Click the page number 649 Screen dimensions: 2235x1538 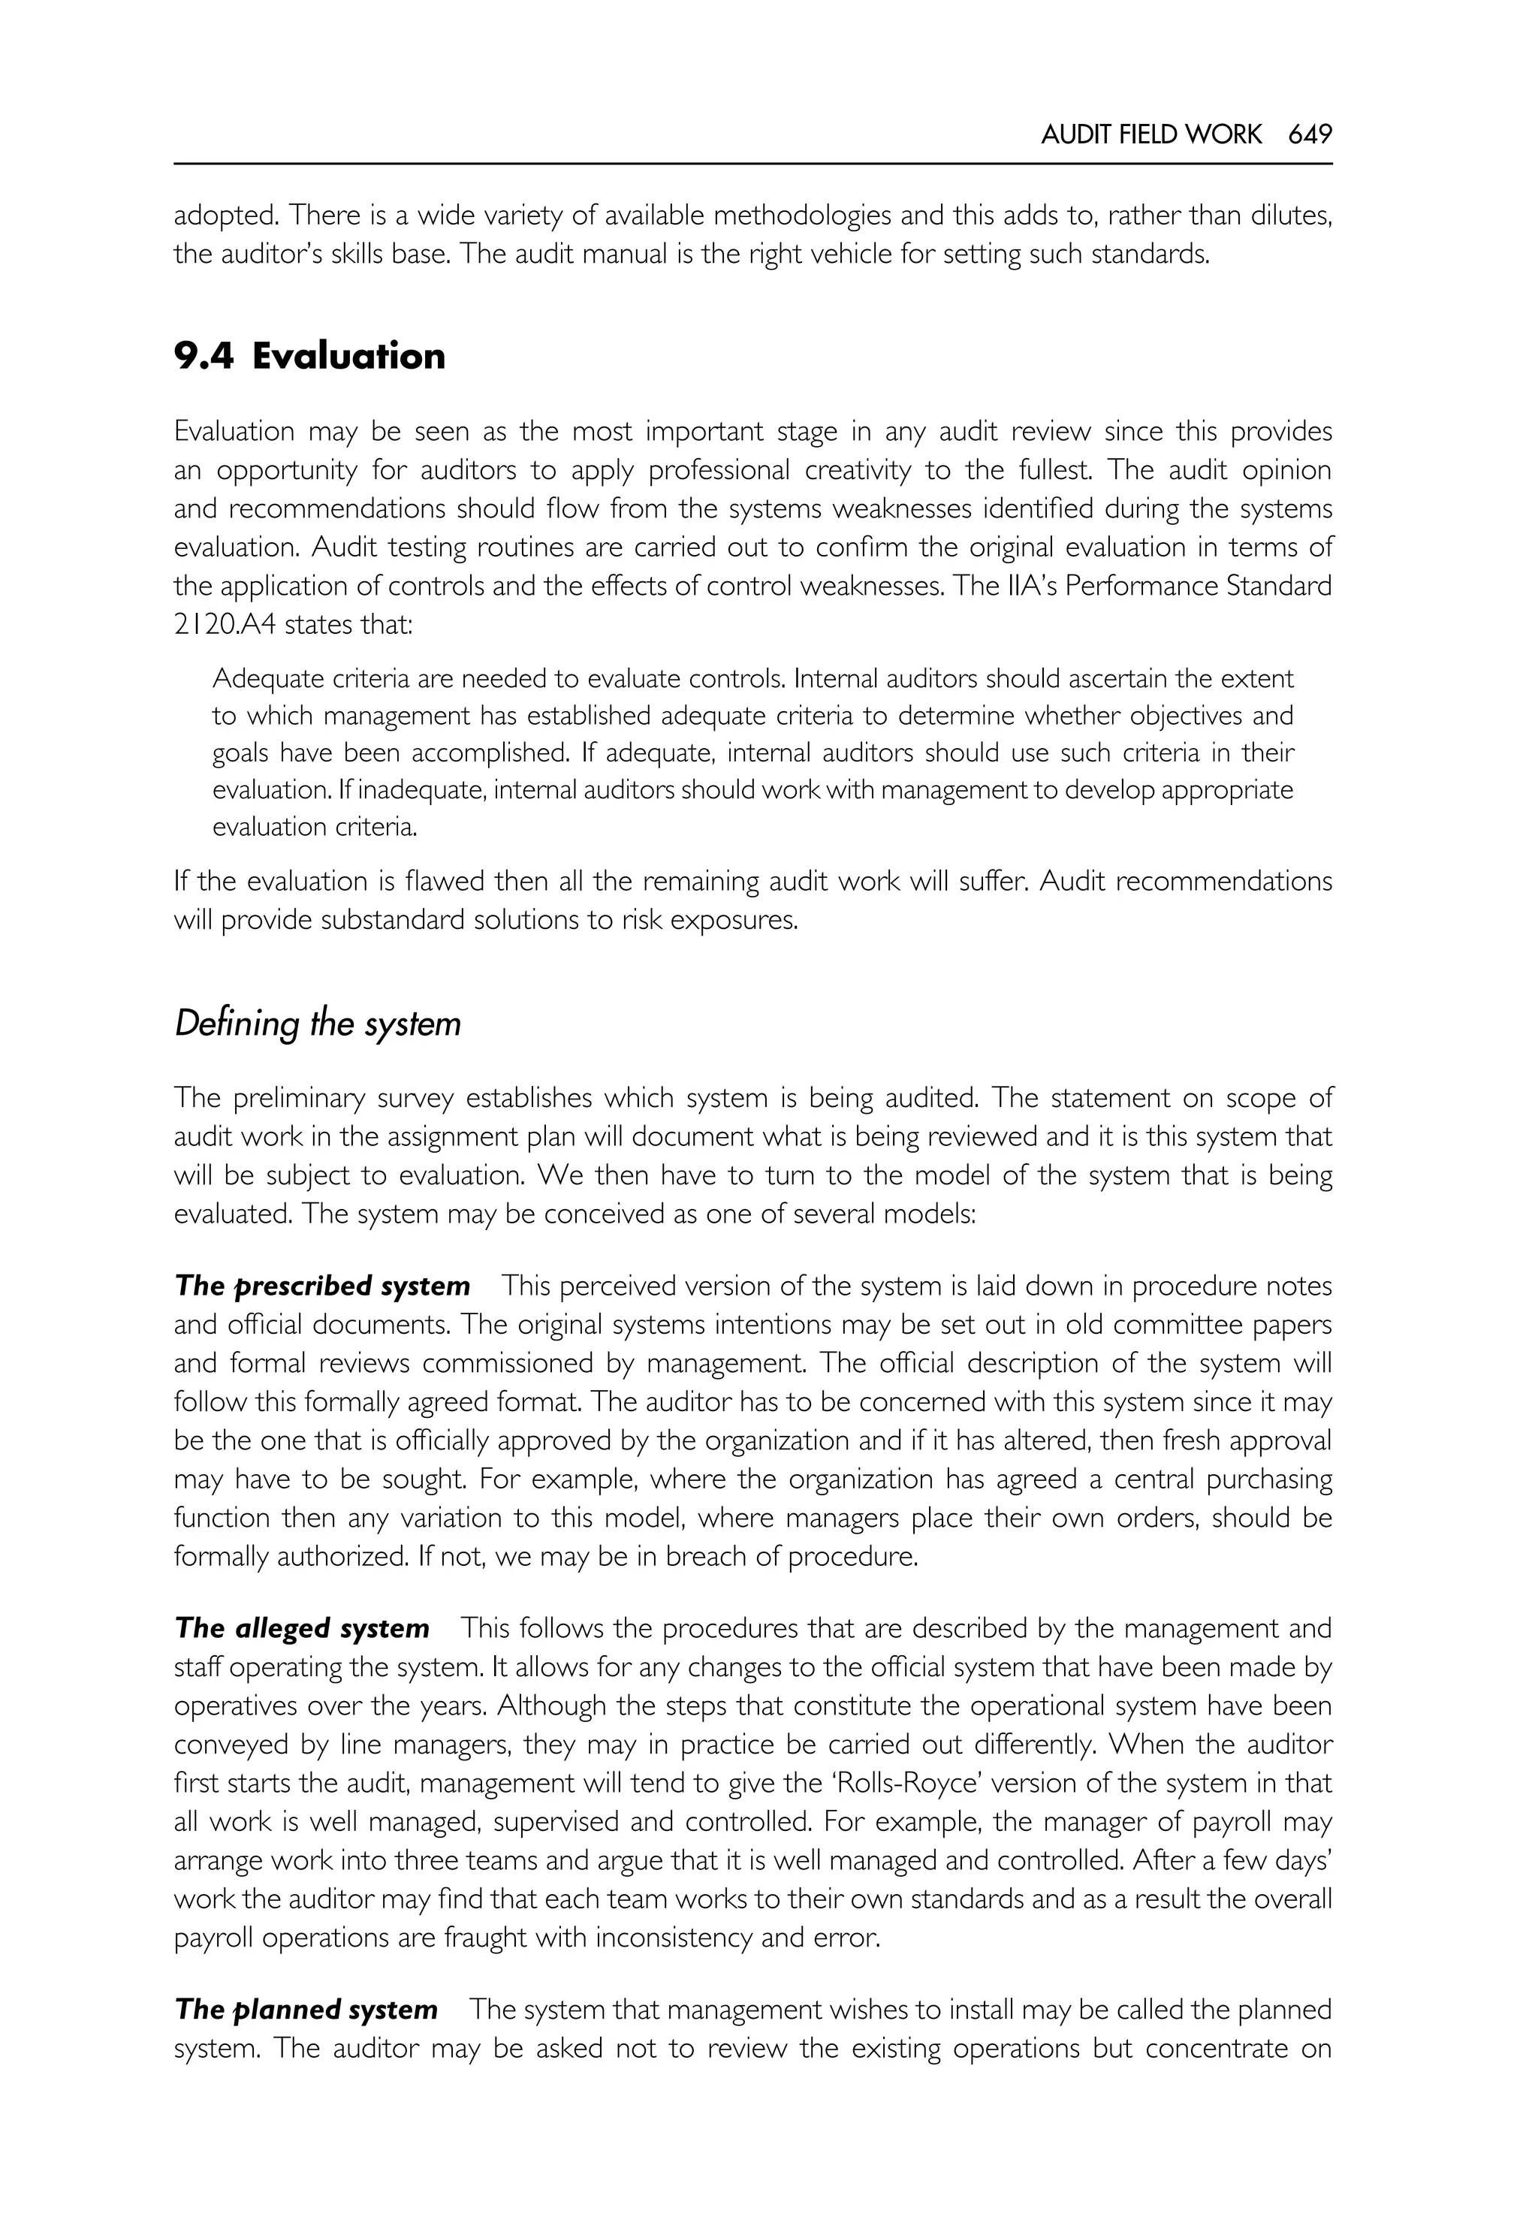1310,135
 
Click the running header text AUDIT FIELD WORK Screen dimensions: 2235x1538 1150,135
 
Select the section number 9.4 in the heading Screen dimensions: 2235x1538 204,357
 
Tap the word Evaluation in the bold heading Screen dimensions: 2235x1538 349,357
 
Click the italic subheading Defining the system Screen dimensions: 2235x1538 317,1023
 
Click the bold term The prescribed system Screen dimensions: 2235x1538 322,1286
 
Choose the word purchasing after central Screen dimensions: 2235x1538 1259,1479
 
